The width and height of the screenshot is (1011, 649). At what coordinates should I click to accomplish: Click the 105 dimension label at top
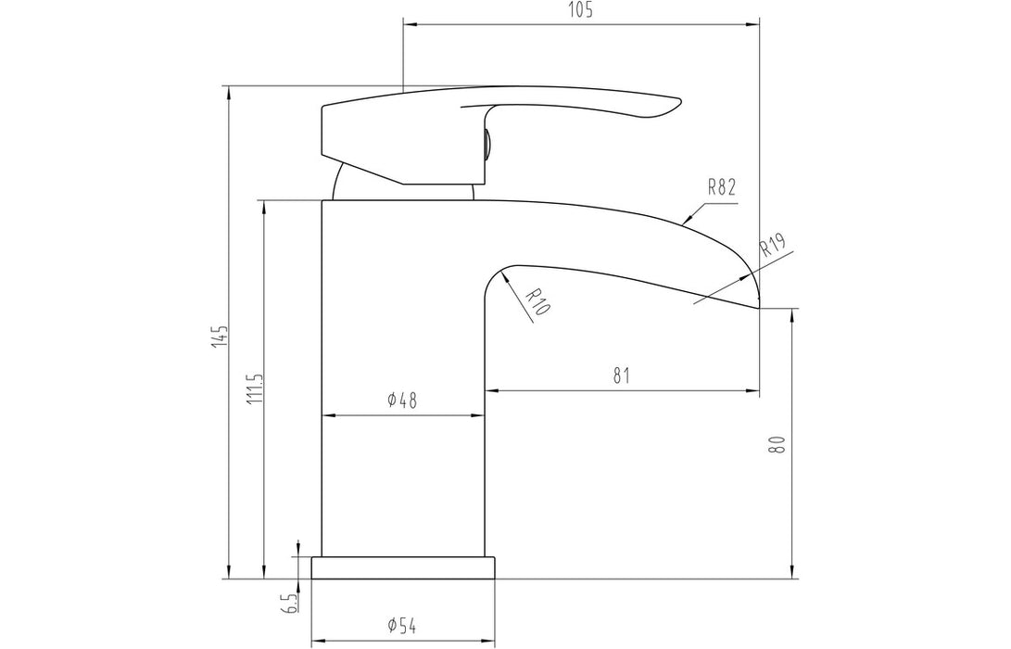[581, 10]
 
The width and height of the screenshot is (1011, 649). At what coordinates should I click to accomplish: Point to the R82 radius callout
[721, 186]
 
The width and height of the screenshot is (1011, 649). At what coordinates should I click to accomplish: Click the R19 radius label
[772, 247]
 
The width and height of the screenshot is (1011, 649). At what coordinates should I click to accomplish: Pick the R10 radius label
[536, 302]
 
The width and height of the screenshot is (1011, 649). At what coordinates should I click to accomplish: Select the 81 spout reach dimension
[621, 375]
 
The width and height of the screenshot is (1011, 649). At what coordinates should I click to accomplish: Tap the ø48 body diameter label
[402, 401]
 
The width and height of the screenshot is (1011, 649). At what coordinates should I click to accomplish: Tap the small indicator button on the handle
[486, 144]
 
